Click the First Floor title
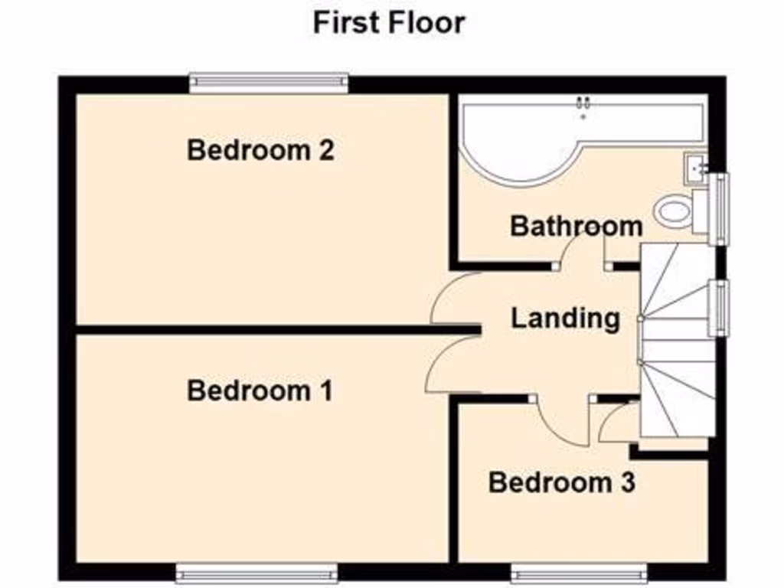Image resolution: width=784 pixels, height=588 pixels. tap(388, 22)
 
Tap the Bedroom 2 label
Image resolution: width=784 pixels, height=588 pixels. tap(260, 150)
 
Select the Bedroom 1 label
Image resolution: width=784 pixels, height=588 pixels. tap(260, 391)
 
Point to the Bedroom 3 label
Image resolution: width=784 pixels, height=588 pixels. tap(561, 483)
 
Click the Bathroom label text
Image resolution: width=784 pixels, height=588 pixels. tap(576, 227)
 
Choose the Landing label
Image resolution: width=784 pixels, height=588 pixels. tap(565, 318)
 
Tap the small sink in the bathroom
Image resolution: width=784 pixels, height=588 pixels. tap(694, 166)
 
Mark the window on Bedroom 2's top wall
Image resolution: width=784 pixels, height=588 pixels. tap(269, 83)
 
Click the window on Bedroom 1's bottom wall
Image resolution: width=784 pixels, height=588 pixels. tap(256, 573)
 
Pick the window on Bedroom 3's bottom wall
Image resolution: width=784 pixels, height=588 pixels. tap(579, 573)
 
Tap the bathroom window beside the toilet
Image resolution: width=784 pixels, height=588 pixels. tap(718, 209)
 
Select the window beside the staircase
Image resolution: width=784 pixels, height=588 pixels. tap(718, 308)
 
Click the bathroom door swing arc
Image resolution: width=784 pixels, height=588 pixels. tap(580, 249)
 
